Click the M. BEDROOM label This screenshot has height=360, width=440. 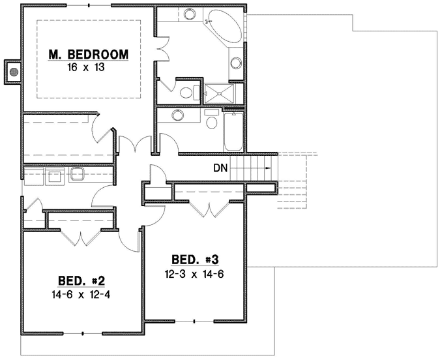tap(89, 54)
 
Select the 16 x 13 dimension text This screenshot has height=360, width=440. tap(89, 67)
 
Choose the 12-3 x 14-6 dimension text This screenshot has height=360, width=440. tap(194, 275)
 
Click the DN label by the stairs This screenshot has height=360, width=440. tap(220, 168)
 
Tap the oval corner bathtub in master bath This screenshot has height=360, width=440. tap(224, 26)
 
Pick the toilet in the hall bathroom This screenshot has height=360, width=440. tap(211, 121)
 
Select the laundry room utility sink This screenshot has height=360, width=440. tap(78, 173)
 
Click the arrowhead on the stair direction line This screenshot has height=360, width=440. tap(267, 168)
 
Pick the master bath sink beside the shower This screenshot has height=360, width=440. tap(235, 64)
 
